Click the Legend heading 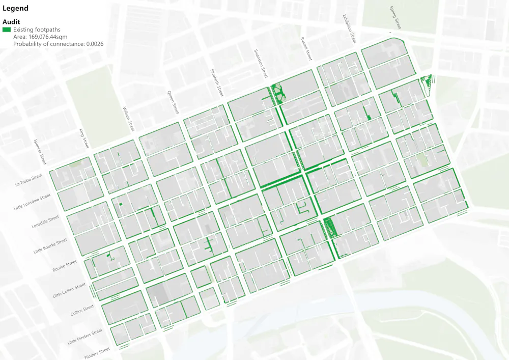[x=15, y=9]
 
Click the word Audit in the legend [x=11, y=22]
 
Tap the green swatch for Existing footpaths [x=7, y=30]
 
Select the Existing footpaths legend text [x=37, y=30]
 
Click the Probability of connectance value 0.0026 [x=95, y=44]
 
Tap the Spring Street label [x=395, y=18]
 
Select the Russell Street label [x=305, y=49]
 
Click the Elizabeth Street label [x=217, y=83]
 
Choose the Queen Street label [x=174, y=102]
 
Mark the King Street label [x=84, y=139]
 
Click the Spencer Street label [x=39, y=152]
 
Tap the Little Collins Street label [x=70, y=291]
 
